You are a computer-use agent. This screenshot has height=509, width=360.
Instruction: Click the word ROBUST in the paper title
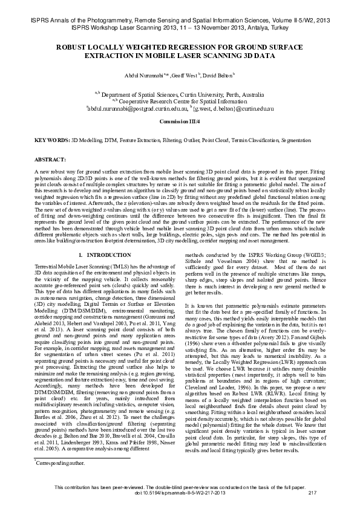pyautogui.click(x=74, y=46)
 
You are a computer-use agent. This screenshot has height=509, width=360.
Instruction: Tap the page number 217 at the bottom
pyautogui.click(x=313, y=493)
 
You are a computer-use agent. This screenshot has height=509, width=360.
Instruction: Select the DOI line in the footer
pyautogui.click(x=180, y=493)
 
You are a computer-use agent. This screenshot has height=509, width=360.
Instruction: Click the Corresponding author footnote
pyautogui.click(x=61, y=462)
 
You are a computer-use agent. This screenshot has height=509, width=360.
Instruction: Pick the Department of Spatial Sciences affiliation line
pyautogui.click(x=182, y=95)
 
